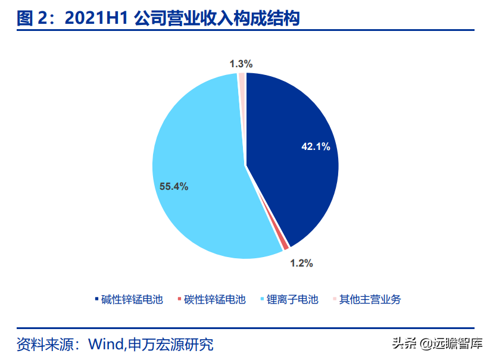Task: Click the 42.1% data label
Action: pos(316,146)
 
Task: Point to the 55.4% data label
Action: pos(174,186)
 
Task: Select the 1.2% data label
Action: pos(301,262)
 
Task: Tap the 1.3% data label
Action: pos(241,63)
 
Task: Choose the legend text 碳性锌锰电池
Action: pos(215,299)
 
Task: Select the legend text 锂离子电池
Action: pos(292,299)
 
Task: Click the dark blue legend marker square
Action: pos(96,298)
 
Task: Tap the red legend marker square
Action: pos(179,298)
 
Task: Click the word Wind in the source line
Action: pos(105,344)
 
